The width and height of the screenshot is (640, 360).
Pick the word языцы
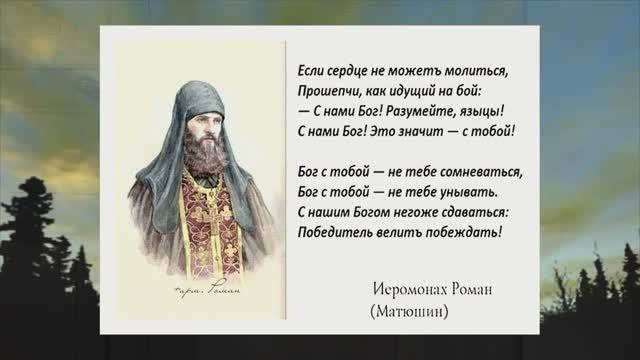click(x=488, y=111)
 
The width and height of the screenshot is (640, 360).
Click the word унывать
click(x=469, y=192)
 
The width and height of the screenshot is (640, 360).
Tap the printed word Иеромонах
click(x=405, y=289)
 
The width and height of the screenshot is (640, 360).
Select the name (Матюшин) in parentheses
click(x=409, y=311)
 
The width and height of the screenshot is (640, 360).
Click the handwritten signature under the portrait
click(x=207, y=289)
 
